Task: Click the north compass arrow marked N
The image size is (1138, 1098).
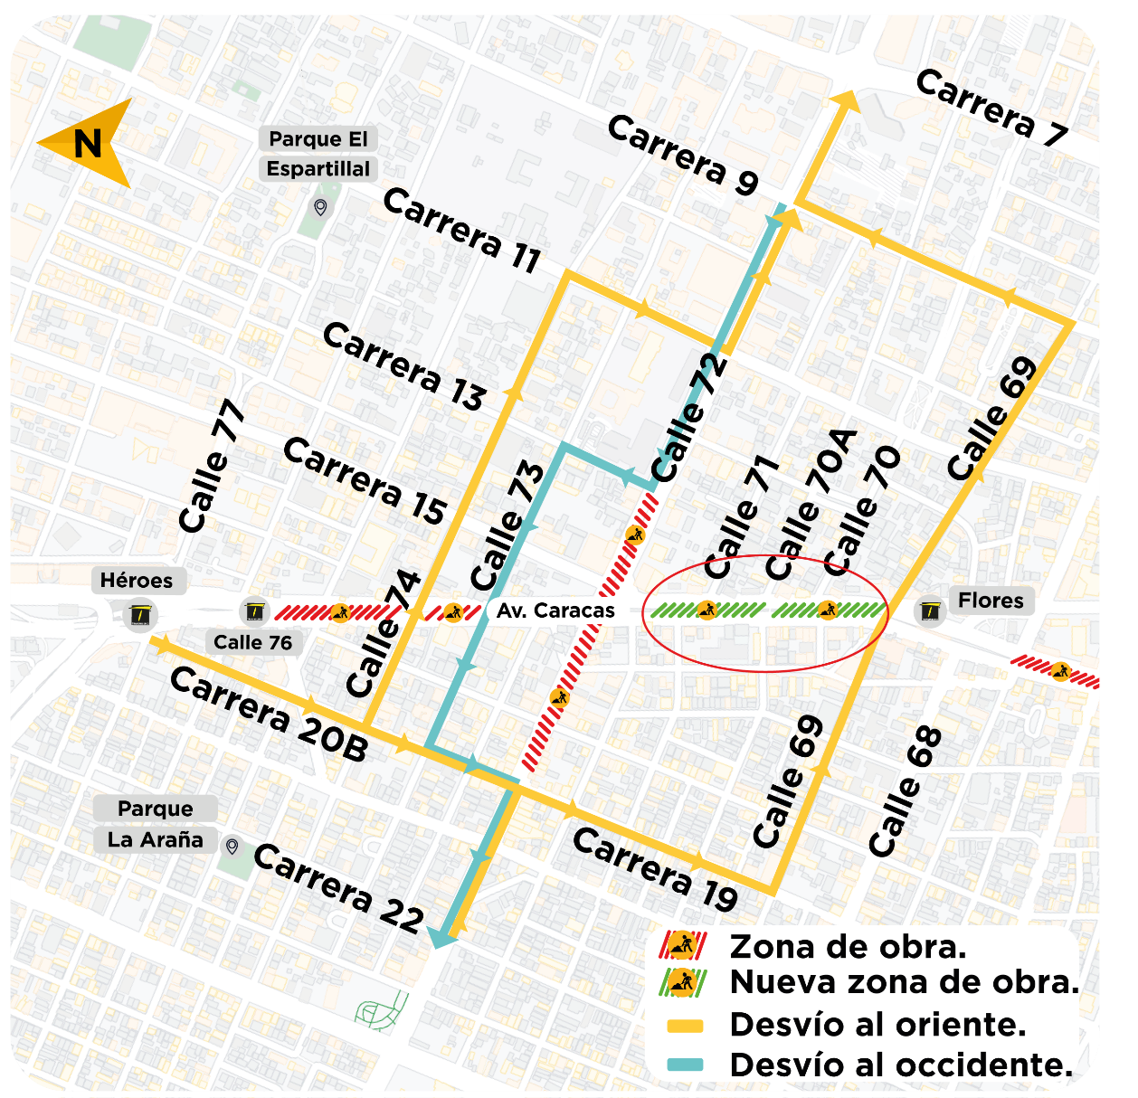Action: [85, 143]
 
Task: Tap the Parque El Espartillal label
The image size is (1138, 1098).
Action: [318, 154]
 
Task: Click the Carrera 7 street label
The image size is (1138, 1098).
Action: [991, 108]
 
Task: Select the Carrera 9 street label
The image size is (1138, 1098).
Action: [683, 155]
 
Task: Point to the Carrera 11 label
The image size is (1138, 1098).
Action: [461, 230]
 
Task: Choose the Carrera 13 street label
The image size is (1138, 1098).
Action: [404, 366]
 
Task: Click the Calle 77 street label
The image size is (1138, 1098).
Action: [212, 467]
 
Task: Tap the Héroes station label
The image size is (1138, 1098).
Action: [137, 581]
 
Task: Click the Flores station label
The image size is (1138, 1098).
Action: [991, 601]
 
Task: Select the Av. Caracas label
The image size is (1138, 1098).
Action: [555, 611]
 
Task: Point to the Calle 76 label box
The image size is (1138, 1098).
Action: [253, 642]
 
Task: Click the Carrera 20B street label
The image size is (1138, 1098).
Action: [269, 715]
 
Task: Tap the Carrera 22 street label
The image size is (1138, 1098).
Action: [338, 887]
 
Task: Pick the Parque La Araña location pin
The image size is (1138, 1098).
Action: [232, 847]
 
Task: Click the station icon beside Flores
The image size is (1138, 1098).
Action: [930, 612]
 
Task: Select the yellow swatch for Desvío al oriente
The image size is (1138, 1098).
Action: [685, 1026]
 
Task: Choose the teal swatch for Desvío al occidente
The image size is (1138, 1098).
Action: [685, 1065]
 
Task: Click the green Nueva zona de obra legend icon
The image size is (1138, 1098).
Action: [682, 982]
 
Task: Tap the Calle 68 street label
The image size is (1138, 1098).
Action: [906, 791]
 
